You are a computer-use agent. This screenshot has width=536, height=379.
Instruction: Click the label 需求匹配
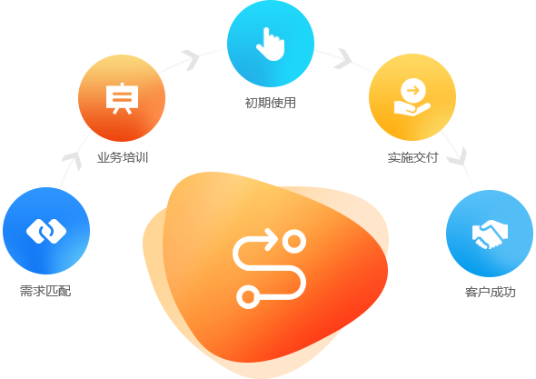point(45,291)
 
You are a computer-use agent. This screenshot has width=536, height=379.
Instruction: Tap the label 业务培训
point(123,157)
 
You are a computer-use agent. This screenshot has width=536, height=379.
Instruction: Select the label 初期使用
point(271,103)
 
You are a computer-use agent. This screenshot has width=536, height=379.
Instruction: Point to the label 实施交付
point(413,157)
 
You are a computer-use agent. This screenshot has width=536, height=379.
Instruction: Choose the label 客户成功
point(491,292)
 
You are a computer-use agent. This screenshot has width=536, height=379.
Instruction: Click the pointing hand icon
point(271,45)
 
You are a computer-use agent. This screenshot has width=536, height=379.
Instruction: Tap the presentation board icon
point(122,98)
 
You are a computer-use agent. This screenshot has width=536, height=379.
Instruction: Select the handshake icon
point(490,234)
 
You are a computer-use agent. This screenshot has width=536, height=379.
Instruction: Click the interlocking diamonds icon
point(46,231)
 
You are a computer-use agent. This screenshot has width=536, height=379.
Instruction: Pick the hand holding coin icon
point(412,97)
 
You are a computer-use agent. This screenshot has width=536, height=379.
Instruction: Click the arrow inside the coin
point(413,91)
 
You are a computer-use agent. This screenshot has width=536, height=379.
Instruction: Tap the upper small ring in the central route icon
point(294,242)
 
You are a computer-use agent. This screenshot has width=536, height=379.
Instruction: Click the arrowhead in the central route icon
point(273,239)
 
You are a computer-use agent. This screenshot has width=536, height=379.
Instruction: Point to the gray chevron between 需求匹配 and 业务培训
point(72,161)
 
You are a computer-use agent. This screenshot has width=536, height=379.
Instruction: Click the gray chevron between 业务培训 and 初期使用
point(191,59)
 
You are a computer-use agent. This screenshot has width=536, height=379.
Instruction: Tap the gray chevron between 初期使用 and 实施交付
point(342,59)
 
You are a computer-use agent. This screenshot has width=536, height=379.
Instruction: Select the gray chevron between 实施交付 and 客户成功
point(458,156)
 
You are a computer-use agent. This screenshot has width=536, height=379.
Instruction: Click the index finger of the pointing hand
point(266,36)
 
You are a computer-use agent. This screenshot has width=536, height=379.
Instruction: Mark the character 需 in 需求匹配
point(26,291)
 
